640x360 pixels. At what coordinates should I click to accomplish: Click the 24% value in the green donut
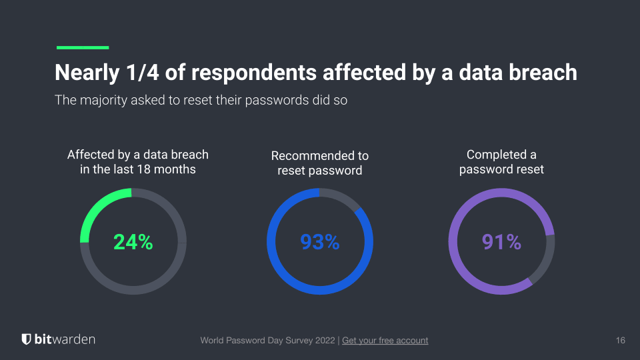[x=133, y=242]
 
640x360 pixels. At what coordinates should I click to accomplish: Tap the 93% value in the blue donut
[x=320, y=242]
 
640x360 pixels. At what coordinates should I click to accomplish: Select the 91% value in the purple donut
[x=501, y=242]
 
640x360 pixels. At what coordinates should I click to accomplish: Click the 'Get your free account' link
[x=385, y=341]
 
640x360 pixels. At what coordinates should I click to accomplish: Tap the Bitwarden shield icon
[x=26, y=339]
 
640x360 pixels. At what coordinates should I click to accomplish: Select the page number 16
[x=620, y=341]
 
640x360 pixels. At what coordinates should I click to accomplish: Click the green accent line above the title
[x=83, y=47]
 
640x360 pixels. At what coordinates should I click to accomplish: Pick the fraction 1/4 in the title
[x=143, y=72]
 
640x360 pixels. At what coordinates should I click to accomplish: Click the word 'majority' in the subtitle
[x=105, y=101]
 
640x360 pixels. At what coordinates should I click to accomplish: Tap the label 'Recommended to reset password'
[x=320, y=163]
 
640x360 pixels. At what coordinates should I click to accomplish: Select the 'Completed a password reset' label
[x=501, y=162]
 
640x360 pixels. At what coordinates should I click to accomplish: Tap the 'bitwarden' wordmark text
[x=65, y=339]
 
